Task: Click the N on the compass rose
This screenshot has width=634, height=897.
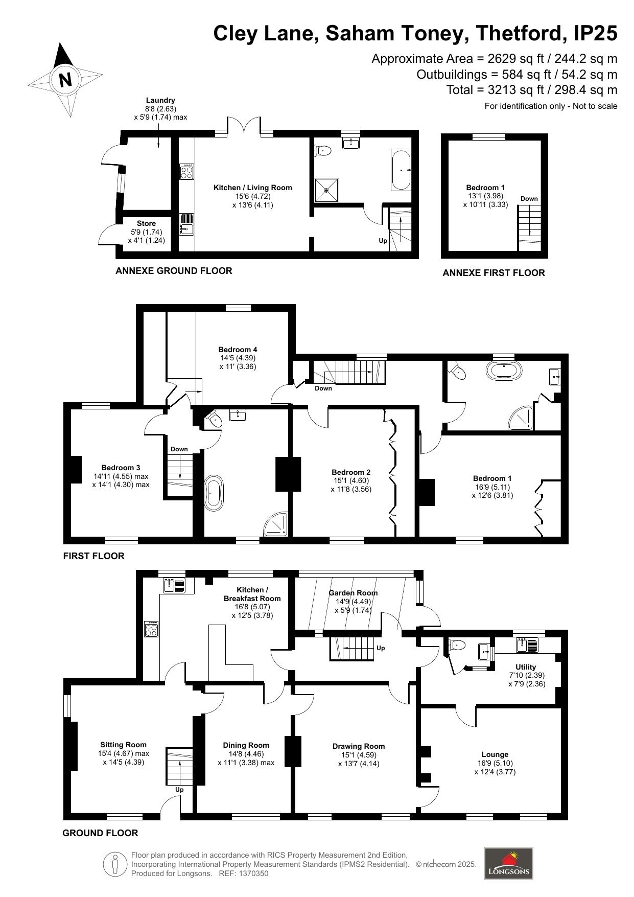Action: (x=65, y=80)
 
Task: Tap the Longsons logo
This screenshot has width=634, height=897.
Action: (x=508, y=863)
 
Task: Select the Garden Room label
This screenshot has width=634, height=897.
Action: (x=353, y=593)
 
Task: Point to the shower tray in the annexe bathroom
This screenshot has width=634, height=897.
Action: (x=326, y=190)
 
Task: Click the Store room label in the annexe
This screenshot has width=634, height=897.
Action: (x=146, y=223)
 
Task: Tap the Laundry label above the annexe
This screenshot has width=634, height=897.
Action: (x=160, y=100)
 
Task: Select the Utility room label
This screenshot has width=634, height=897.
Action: (x=526, y=667)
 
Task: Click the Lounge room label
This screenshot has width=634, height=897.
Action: (x=495, y=754)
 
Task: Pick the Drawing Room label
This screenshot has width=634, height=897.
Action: (x=359, y=746)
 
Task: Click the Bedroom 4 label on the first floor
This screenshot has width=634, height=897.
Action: (x=238, y=350)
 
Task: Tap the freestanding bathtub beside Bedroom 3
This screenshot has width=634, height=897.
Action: (x=214, y=493)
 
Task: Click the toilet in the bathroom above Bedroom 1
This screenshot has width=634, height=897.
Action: (x=459, y=372)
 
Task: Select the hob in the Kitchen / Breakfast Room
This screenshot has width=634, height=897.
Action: (x=151, y=629)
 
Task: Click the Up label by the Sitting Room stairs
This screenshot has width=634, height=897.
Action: (x=179, y=790)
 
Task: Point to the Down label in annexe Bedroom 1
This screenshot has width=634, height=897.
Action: (x=529, y=199)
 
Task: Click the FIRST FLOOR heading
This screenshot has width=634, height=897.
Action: (x=93, y=556)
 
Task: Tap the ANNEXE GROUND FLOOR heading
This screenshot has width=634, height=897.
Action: (x=174, y=271)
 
